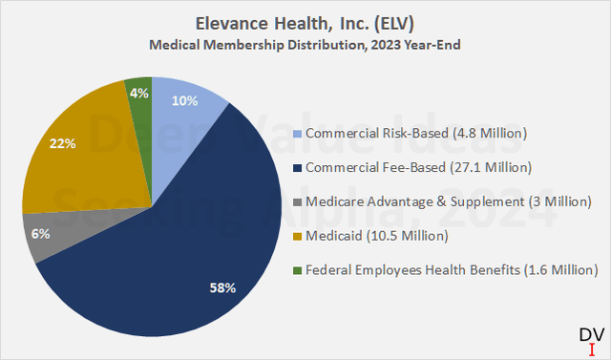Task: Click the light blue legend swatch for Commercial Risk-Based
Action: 299,133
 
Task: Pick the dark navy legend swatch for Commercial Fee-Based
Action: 299,167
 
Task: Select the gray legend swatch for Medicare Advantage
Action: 299,201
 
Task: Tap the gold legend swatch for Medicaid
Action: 299,236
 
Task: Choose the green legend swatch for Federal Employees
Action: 299,270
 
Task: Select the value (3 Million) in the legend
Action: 555,201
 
